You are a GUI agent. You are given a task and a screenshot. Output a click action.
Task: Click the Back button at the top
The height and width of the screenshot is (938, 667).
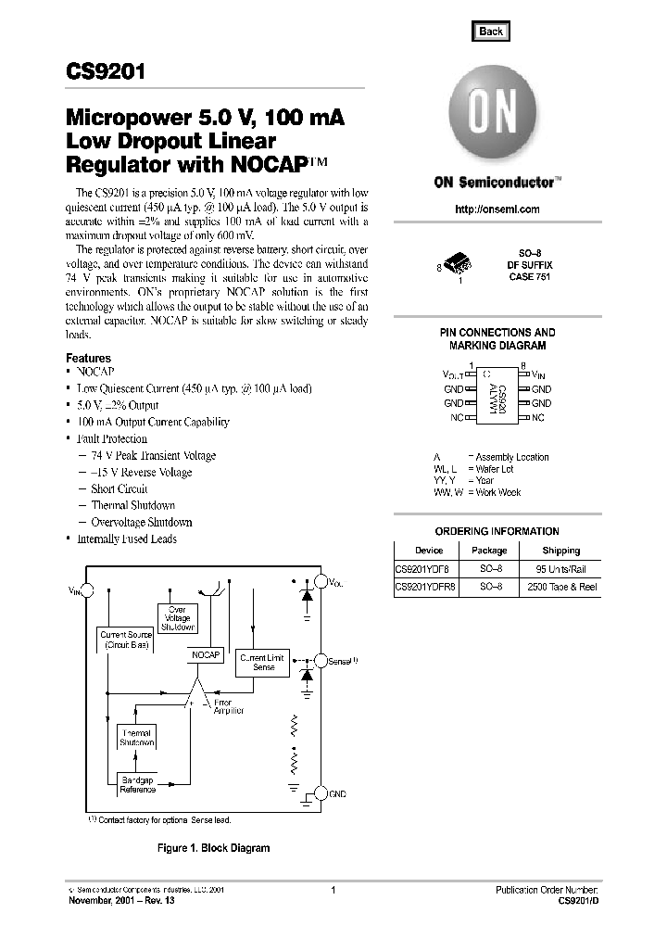click(x=491, y=32)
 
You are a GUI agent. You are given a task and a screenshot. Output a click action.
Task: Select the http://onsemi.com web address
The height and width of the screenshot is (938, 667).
click(x=497, y=209)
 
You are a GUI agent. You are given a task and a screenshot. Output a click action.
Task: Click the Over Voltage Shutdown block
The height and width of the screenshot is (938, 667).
click(x=178, y=618)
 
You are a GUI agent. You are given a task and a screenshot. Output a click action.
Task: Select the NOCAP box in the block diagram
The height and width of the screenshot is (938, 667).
click(x=206, y=654)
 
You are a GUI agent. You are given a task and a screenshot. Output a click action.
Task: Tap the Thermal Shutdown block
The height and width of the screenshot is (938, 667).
click(x=136, y=738)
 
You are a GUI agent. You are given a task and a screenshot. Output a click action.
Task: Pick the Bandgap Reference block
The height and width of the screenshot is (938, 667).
click(x=137, y=785)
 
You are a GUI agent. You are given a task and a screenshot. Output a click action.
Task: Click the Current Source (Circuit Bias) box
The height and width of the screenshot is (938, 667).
click(x=127, y=638)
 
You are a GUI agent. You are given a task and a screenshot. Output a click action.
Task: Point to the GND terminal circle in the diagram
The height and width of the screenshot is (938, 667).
click(x=321, y=793)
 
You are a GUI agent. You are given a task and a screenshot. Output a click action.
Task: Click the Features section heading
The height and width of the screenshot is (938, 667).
click(x=88, y=358)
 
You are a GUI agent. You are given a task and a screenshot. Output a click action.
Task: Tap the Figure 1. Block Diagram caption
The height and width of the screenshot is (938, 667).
click(x=213, y=848)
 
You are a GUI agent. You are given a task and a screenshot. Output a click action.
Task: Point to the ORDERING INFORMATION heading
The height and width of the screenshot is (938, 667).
click(x=497, y=531)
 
